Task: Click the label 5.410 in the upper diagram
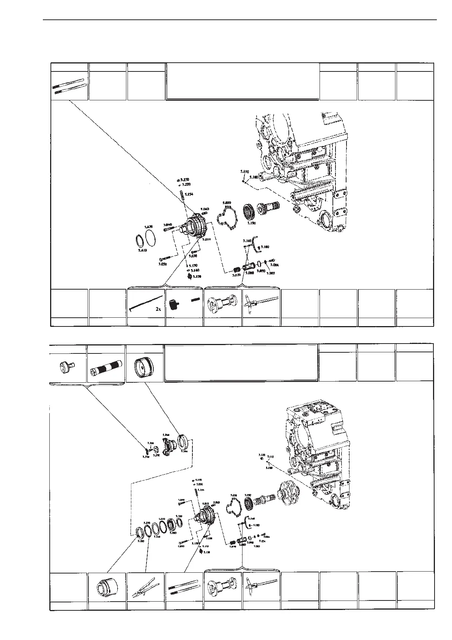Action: click(142, 250)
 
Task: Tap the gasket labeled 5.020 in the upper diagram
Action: click(226, 217)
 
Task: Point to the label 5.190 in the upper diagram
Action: click(251, 223)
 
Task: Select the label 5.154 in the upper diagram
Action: click(189, 194)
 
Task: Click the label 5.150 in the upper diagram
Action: click(196, 277)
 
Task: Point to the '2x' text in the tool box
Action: click(158, 309)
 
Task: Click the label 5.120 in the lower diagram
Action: click(261, 455)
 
